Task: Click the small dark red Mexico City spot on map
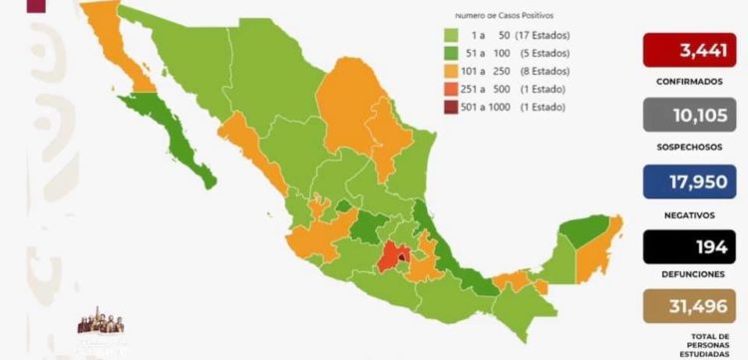point(401,263)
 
